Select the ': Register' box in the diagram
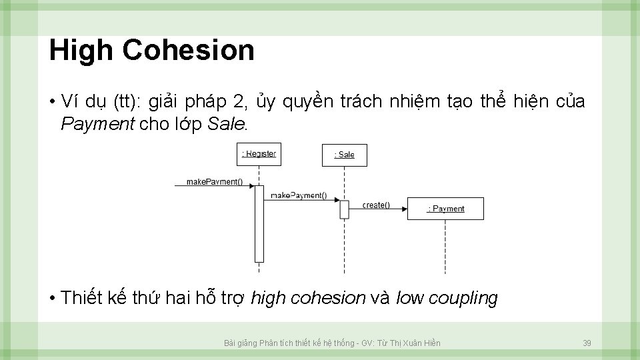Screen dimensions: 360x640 tap(259, 154)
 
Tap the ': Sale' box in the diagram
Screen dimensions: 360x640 tap(344, 155)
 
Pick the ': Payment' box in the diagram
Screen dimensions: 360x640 tap(445, 209)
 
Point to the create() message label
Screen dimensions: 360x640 tap(376, 205)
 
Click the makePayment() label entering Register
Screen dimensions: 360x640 tap(214, 181)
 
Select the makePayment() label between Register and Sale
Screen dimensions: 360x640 tap(298, 195)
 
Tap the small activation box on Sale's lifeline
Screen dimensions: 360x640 tap(344, 209)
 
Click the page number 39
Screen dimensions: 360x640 tap(587, 343)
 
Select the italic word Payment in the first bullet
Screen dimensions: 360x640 tap(97, 124)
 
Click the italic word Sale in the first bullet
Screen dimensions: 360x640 tap(227, 124)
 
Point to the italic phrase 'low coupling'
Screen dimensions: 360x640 tap(447, 298)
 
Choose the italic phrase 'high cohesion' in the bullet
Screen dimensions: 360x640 tap(308, 298)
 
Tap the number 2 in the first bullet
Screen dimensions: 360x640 tap(239, 102)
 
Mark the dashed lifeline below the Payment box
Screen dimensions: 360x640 tap(445, 247)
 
